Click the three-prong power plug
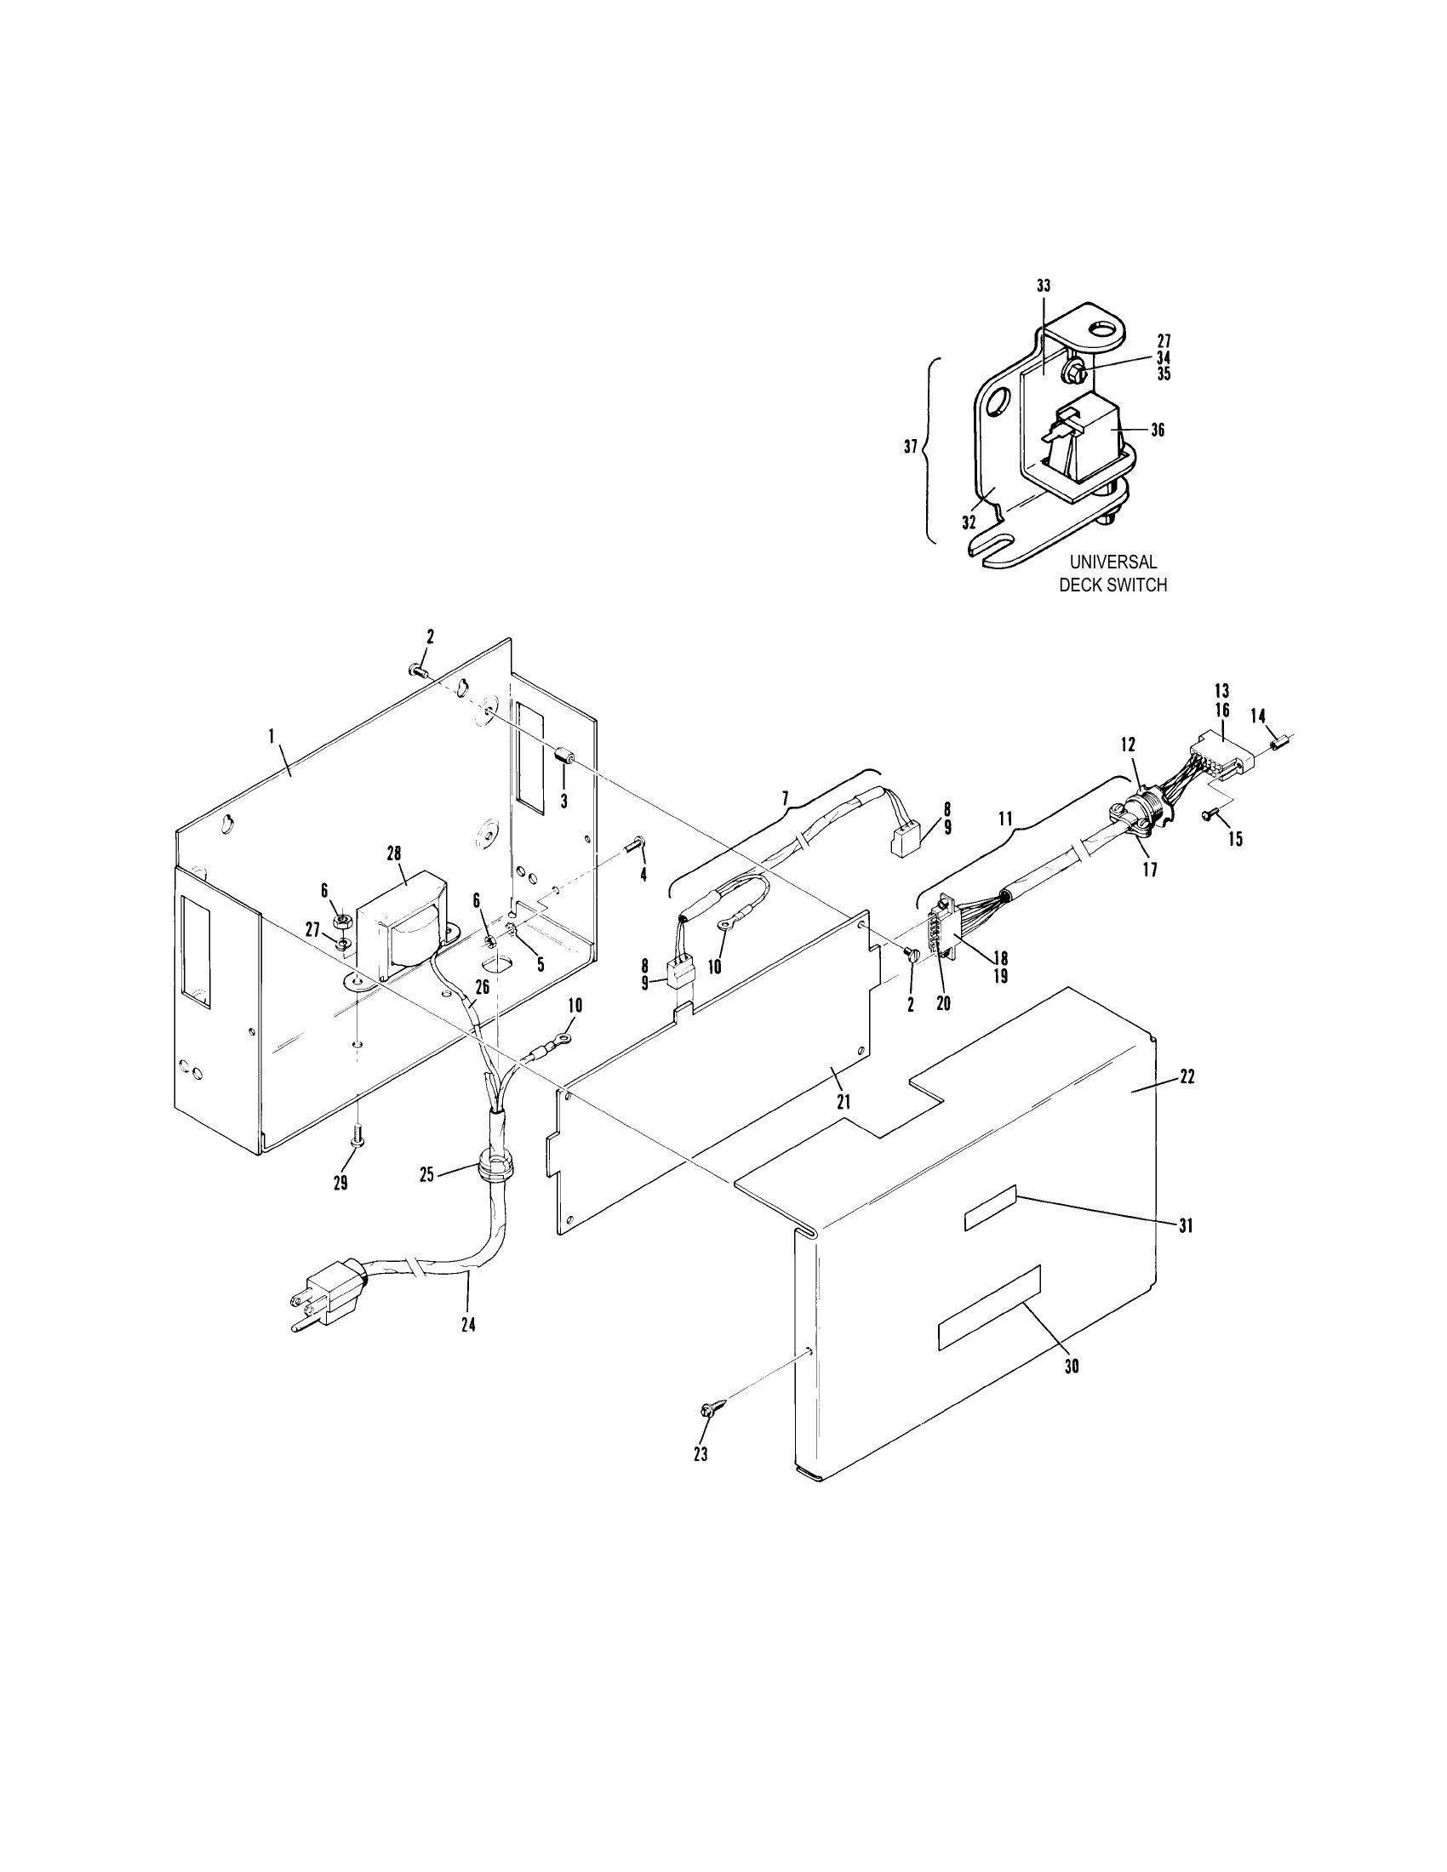(x=329, y=1293)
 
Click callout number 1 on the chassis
(x=271, y=737)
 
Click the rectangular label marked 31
(x=991, y=1208)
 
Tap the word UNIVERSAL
(x=1112, y=562)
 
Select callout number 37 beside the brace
(x=912, y=447)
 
